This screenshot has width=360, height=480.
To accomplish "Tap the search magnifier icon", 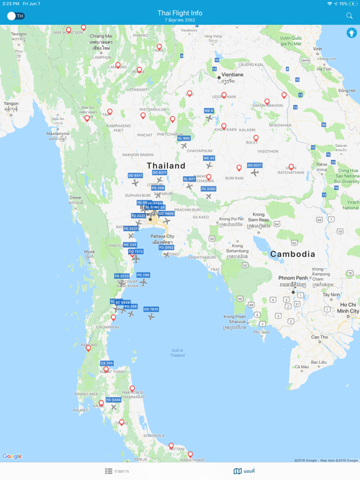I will point(349,16).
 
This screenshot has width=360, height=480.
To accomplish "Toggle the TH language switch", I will point(16,16).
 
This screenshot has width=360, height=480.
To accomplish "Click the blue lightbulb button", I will point(352,32).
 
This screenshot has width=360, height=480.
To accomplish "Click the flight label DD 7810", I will point(151,309).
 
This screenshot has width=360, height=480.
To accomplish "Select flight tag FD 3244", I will point(113,400).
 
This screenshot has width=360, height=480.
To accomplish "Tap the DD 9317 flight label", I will point(254,166).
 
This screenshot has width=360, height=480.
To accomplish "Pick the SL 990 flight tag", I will point(184,139).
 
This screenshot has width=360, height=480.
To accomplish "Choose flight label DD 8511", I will point(135,176).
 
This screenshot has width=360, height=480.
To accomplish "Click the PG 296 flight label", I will point(142,275).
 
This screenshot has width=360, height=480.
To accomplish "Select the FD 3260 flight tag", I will point(208,189).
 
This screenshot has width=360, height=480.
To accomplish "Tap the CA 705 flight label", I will point(106,363).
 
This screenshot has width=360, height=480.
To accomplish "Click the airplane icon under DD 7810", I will point(151,317).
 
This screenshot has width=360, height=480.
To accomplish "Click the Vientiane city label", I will point(232,74).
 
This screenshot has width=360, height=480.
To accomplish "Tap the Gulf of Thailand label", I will point(177,352).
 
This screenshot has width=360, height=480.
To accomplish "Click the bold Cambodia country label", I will point(292,254).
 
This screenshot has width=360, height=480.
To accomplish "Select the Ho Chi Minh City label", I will point(348,307).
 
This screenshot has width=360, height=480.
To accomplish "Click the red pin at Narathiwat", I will point(190,454).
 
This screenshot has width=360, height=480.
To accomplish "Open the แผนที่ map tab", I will point(244,471).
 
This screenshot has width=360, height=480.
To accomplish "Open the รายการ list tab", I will point(117,471).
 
